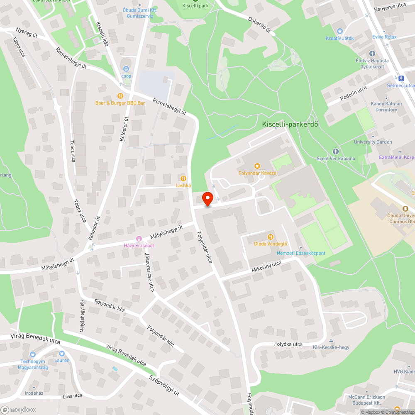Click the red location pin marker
pos(207,199)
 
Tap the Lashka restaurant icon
pos(181,178)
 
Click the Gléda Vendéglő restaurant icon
pos(271,237)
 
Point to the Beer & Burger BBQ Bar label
pos(120,102)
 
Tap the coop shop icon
pos(126,69)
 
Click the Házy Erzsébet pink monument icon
pos(139,238)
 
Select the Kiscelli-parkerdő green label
pos(287,124)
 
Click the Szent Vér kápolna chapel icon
pos(336,151)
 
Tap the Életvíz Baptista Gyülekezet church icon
pos(372,54)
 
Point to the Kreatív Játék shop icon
pos(339,31)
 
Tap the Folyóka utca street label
pos(288,344)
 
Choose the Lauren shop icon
pos(62,353)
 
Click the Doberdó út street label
pos(259,25)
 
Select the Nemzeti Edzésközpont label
pos(301,253)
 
